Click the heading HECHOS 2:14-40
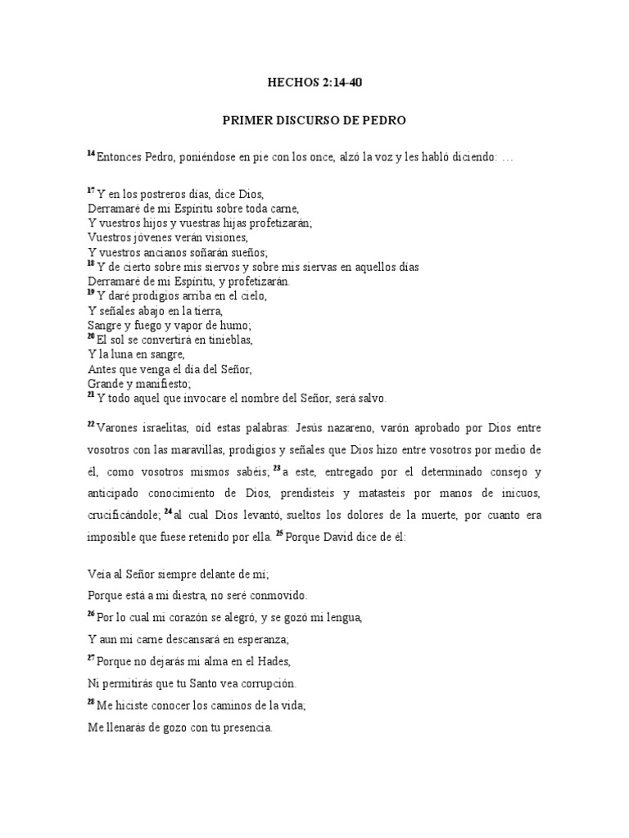[314, 82]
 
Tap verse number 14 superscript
[91, 154]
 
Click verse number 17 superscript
[91, 190]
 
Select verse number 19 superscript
[91, 292]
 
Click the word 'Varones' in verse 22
[122, 428]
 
